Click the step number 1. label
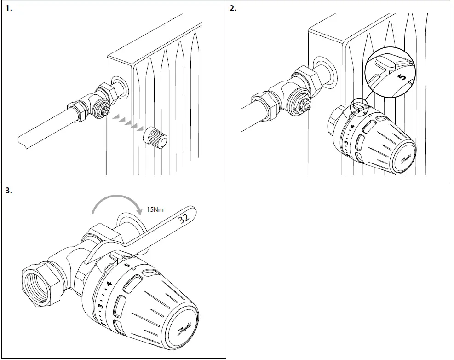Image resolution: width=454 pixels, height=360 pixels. click(x=10, y=9)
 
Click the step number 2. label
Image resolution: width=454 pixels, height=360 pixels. click(x=233, y=9)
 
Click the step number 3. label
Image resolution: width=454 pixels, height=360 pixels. click(x=10, y=191)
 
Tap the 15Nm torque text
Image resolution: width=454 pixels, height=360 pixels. click(x=155, y=209)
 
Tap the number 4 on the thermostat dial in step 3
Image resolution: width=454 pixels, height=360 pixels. click(x=109, y=284)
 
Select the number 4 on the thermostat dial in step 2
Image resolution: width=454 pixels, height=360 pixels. click(x=352, y=126)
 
